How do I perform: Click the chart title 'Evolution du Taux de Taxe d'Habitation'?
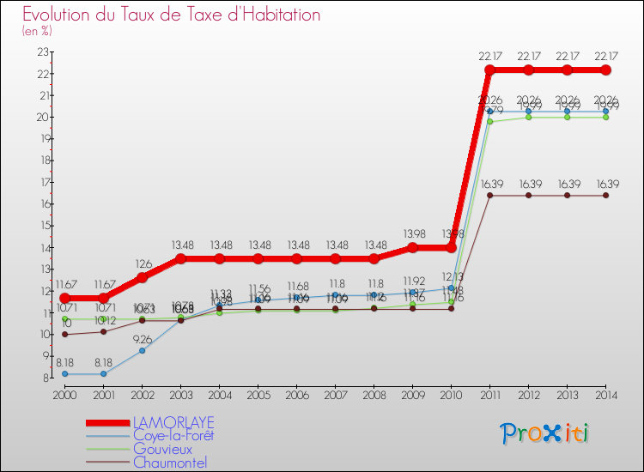click(172, 15)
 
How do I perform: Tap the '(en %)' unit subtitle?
click(37, 31)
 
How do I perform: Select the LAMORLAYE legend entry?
click(173, 423)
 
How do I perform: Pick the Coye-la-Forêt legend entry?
click(173, 435)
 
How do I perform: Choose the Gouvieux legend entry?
click(162, 449)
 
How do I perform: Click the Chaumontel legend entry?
click(170, 463)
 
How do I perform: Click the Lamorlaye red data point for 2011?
click(489, 70)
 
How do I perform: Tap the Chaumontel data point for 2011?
click(489, 195)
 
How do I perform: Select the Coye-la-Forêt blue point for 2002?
click(142, 350)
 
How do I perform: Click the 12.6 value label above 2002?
click(142, 264)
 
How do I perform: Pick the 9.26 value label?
click(142, 339)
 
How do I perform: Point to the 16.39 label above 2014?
click(605, 184)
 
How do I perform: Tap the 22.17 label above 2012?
click(528, 57)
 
